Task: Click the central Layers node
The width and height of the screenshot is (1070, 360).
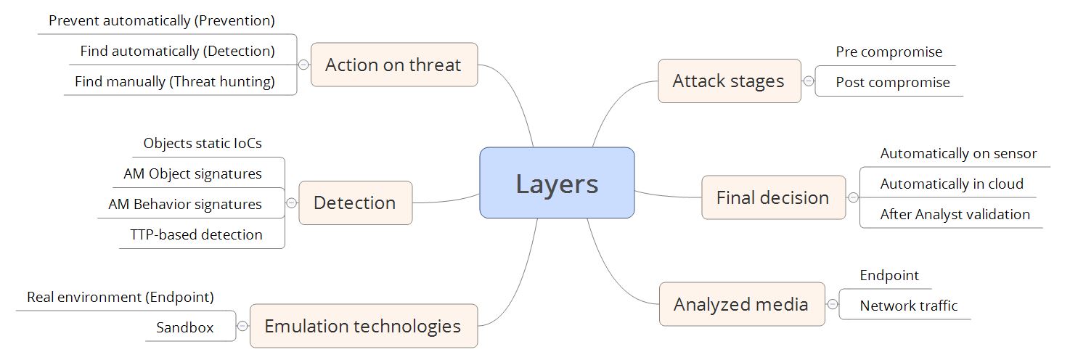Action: point(557,183)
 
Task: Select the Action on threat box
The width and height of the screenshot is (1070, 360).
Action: point(393,65)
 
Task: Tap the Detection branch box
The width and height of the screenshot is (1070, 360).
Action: point(355,202)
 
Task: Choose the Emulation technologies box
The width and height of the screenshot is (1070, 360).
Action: point(363,326)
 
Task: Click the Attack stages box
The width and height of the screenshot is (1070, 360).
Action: point(729,81)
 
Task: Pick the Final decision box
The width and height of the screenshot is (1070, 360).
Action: point(773,197)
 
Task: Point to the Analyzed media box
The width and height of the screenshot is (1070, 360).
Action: point(741,304)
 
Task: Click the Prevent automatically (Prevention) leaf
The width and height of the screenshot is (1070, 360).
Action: point(162,21)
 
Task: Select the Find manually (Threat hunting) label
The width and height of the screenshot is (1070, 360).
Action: point(175,82)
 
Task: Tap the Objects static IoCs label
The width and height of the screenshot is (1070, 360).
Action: point(203,143)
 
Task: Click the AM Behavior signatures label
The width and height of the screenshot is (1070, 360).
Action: point(185,204)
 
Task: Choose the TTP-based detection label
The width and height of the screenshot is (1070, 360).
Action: point(197,234)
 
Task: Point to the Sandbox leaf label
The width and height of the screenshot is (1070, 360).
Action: point(185,327)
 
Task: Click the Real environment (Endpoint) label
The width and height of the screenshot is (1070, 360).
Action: point(121,297)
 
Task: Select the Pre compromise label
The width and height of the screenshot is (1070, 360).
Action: point(889,52)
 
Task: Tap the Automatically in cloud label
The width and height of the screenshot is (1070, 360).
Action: point(952,184)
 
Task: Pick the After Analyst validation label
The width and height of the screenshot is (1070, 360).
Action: point(955,214)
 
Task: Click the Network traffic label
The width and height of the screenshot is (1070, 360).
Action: point(908,306)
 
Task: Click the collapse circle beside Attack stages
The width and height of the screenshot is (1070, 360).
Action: point(809,81)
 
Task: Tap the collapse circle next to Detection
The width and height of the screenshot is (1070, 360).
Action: point(291,203)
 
